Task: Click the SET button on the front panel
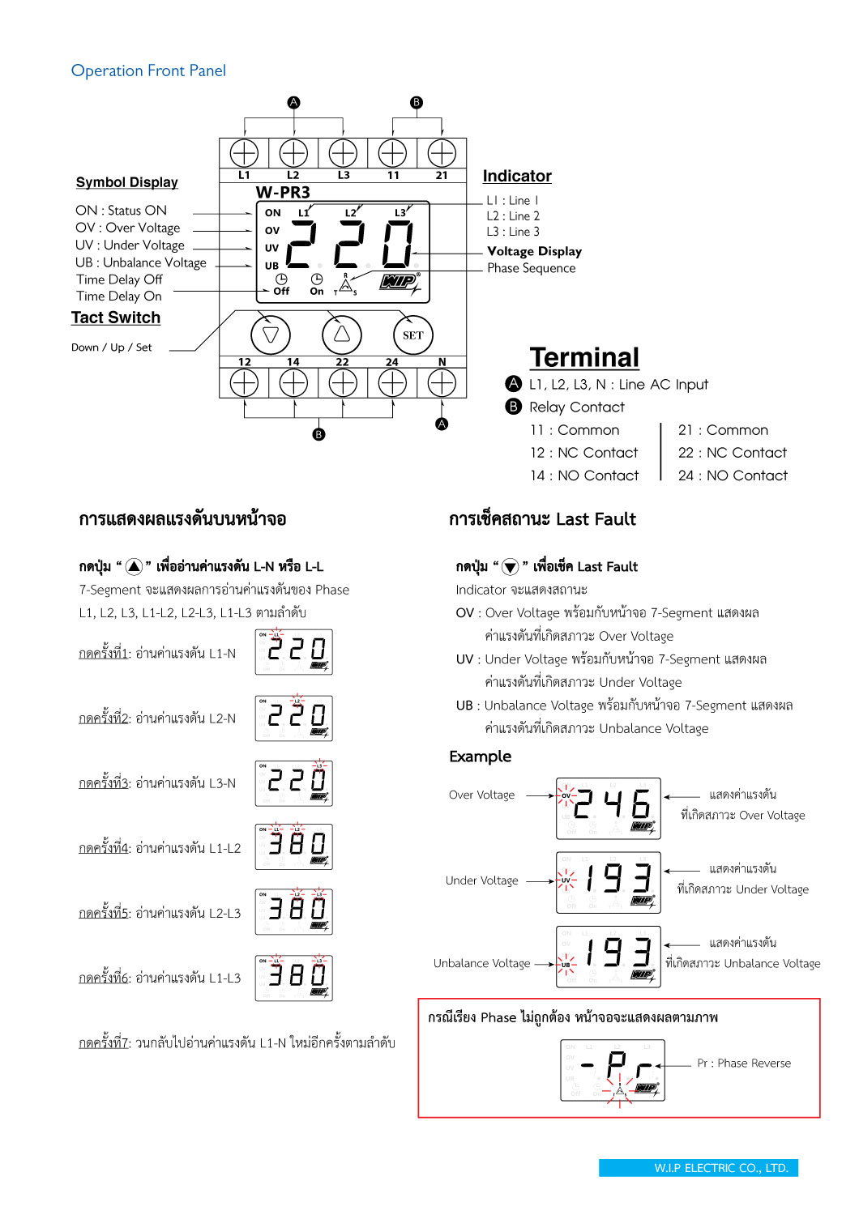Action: click(x=413, y=335)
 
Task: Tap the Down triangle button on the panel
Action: click(x=271, y=335)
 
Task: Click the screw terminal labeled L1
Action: click(x=244, y=153)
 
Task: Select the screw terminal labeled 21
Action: click(x=442, y=153)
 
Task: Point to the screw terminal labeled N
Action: click(x=442, y=383)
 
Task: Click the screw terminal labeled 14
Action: click(x=293, y=383)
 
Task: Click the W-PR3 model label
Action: click(x=283, y=193)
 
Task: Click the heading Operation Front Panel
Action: click(x=148, y=71)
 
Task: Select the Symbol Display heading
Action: click(x=126, y=182)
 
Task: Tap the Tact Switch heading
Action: click(x=116, y=318)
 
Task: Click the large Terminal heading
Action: click(x=584, y=357)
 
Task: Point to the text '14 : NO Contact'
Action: click(x=584, y=475)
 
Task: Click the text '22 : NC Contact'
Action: click(x=733, y=453)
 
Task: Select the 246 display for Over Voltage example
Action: click(x=609, y=808)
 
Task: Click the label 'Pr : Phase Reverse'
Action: click(x=744, y=1064)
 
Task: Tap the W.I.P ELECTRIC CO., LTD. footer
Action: click(x=698, y=1168)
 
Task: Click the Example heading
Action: click(x=480, y=757)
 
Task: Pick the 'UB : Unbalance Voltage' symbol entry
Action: click(x=141, y=262)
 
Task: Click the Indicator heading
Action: click(x=517, y=177)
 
